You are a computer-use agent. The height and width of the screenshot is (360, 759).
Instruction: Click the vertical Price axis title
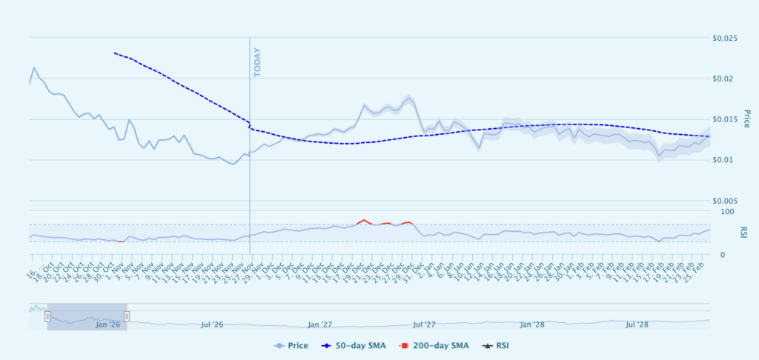coord(747,119)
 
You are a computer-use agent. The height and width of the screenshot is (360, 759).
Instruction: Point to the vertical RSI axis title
coord(743,233)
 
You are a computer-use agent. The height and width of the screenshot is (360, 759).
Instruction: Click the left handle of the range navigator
coord(47,316)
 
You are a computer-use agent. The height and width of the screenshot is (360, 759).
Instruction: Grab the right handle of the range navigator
coord(127,316)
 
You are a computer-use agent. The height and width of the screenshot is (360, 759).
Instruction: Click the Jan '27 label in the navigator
coord(319,324)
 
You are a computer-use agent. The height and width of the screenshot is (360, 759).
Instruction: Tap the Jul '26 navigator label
coord(212,324)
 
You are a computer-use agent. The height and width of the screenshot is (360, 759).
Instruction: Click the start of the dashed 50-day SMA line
coord(114,53)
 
